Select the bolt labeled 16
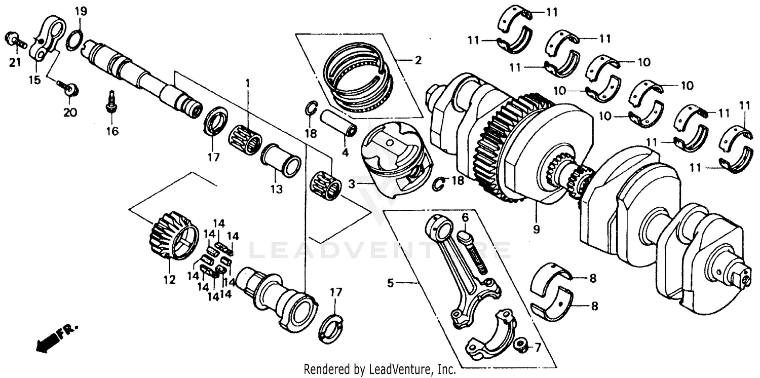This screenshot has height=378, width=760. pyautogui.click(x=109, y=103)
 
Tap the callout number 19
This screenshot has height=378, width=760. pyautogui.click(x=81, y=11)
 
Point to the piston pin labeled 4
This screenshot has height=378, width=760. pyautogui.click(x=338, y=123)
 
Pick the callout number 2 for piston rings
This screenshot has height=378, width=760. pyautogui.click(x=417, y=61)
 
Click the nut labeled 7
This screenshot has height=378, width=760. pyautogui.click(x=519, y=347)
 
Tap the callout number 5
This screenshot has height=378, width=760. pyautogui.click(x=390, y=283)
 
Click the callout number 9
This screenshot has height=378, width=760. pyautogui.click(x=537, y=229)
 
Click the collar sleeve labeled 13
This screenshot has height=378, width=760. pyautogui.click(x=282, y=161)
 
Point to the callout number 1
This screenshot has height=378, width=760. pyautogui.click(x=248, y=82)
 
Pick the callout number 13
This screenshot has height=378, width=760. pyautogui.click(x=276, y=190)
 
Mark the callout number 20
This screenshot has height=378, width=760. pyautogui.click(x=70, y=112)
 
